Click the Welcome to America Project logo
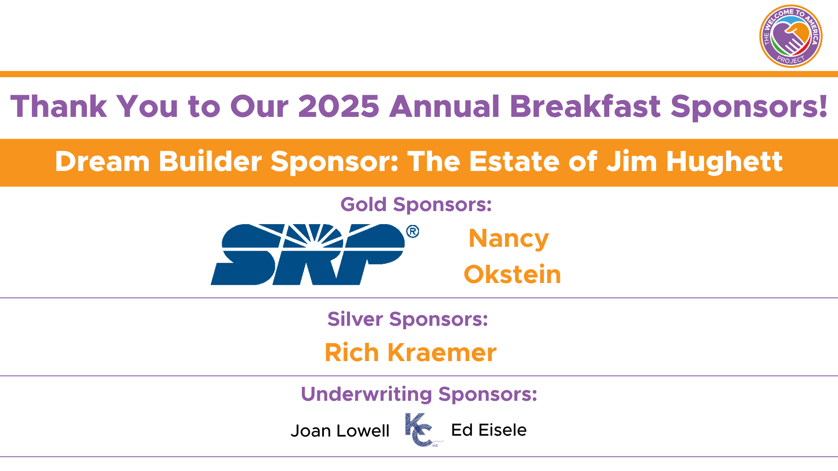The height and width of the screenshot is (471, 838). click(x=790, y=36)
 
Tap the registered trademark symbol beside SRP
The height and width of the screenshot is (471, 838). click(x=412, y=231)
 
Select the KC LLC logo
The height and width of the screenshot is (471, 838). click(x=421, y=430)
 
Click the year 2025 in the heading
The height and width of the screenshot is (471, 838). click(x=339, y=106)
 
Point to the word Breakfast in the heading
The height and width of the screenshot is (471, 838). click(x=585, y=106)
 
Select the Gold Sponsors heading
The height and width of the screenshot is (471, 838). click(x=416, y=205)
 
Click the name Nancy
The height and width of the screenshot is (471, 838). click(x=508, y=239)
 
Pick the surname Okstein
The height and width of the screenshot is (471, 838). click(x=512, y=274)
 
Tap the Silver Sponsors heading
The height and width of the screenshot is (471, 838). click(x=408, y=319)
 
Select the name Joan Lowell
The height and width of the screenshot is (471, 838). click(x=340, y=431)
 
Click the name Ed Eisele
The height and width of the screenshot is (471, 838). click(x=489, y=430)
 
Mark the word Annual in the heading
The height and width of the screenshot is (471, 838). click(x=444, y=106)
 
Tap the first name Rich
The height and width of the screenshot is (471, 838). click(x=351, y=352)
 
